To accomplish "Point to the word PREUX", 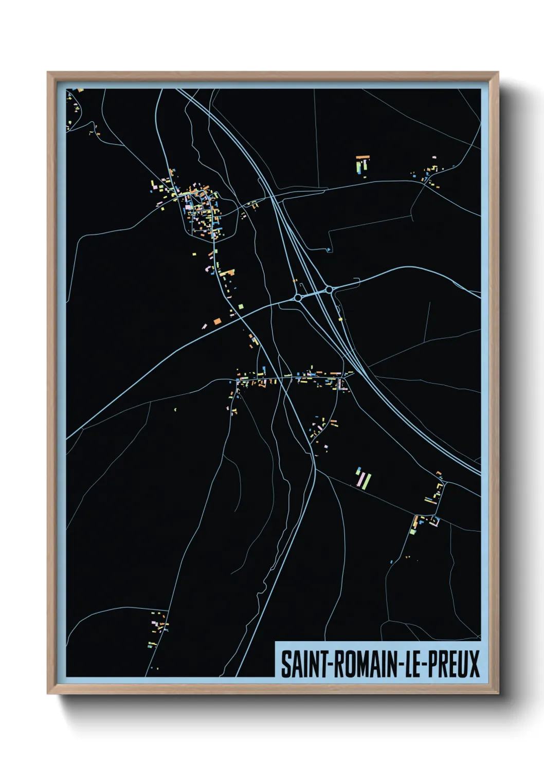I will point(454,664).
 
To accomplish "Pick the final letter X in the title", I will point(474,664).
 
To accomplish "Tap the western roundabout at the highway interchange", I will point(298,298).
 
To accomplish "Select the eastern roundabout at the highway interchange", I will point(329,290).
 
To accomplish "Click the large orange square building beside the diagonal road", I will point(217,321).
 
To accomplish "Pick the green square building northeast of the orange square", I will point(241,307).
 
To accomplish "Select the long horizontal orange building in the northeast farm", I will point(363,156).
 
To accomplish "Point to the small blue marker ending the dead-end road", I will point(329,250).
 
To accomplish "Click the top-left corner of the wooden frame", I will point(48,73).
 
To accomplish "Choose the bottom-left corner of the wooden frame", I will point(48,694).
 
